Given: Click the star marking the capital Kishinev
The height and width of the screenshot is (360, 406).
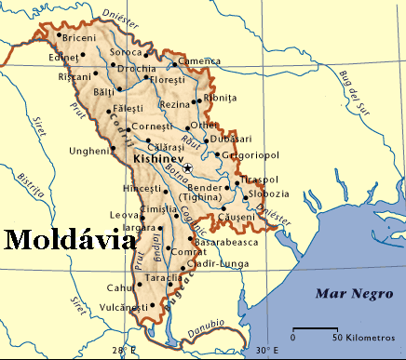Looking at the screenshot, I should click(x=187, y=167).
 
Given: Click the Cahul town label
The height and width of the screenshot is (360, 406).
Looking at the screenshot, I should click(x=121, y=287).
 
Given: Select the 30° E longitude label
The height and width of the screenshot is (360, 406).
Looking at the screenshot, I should click(x=266, y=351).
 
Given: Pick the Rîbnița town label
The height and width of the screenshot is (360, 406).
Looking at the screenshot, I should click(x=220, y=97).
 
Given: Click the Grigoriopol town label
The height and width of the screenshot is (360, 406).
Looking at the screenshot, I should click(x=250, y=153).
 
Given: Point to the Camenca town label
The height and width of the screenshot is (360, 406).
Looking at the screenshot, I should click(x=199, y=61).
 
